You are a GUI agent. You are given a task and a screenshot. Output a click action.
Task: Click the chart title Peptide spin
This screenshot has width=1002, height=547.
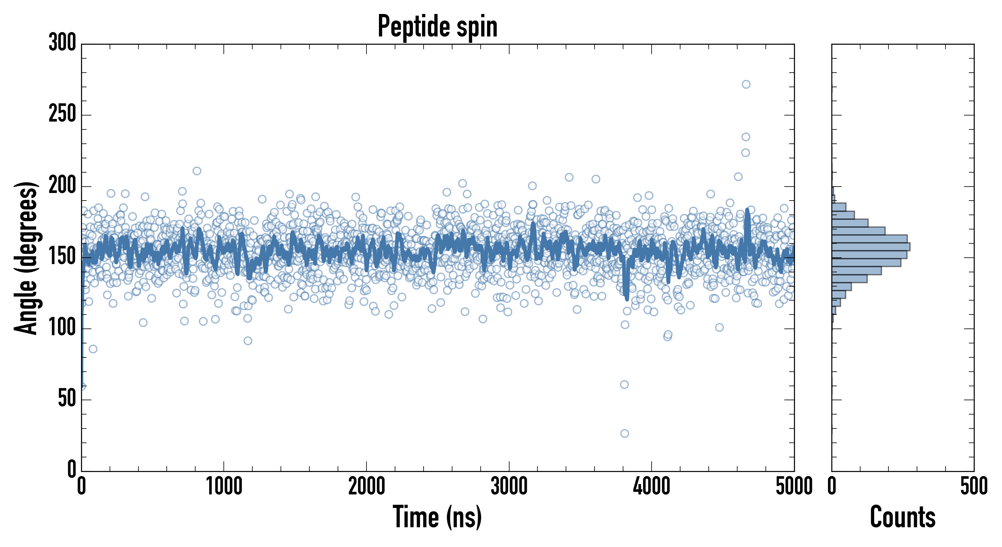coord(438,26)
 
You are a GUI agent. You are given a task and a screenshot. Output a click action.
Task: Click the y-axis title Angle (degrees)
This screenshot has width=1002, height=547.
coord(26,258)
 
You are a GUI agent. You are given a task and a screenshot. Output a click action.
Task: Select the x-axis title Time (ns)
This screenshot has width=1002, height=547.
coord(438,517)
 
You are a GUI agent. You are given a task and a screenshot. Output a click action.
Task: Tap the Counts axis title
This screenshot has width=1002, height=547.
coord(902,517)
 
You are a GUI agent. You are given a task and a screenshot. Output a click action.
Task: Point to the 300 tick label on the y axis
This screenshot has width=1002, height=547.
coord(62,43)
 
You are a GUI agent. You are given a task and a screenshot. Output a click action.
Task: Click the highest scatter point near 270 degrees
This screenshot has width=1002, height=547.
coord(746,84)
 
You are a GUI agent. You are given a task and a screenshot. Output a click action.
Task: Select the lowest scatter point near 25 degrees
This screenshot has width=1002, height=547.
coord(624,433)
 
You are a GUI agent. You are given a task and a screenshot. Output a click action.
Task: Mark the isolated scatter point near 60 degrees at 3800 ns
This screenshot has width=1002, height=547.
coord(624,385)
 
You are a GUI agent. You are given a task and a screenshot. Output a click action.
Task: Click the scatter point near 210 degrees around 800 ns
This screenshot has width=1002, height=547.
coord(197,171)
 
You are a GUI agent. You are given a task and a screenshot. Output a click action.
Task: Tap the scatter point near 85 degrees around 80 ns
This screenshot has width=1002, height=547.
coord(93,349)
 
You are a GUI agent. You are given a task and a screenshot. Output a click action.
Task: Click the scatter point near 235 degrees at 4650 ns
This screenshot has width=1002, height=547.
coord(746,137)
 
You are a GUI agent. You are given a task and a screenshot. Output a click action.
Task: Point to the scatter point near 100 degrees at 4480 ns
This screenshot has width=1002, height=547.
coord(719,327)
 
